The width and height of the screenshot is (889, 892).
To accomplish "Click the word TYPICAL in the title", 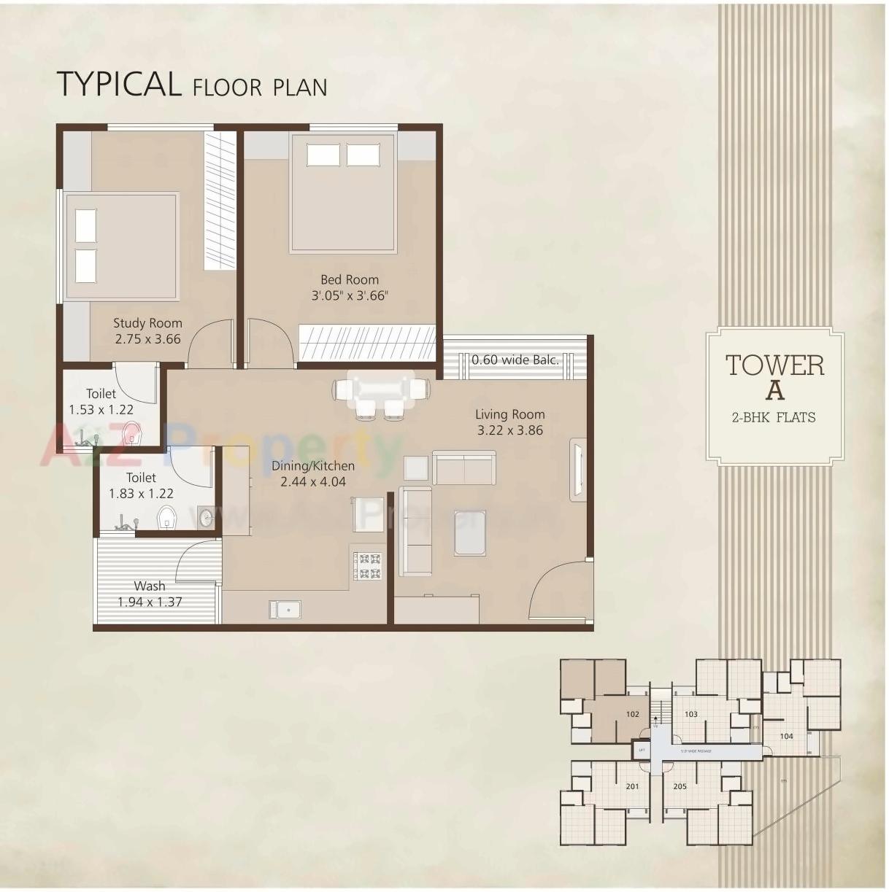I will (119, 84).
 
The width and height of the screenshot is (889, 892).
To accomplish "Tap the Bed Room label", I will (350, 279).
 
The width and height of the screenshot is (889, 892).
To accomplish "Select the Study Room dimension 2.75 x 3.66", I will (147, 339).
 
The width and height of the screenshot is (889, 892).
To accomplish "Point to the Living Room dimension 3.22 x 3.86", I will (510, 430).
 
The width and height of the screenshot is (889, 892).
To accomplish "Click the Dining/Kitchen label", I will (313, 466).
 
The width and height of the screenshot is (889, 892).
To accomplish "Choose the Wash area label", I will (149, 586).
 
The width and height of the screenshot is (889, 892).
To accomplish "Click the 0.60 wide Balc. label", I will (515, 360).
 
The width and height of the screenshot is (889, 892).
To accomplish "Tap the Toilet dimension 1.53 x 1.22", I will (101, 410).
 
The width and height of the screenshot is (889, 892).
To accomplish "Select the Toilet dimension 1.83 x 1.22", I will (141, 494).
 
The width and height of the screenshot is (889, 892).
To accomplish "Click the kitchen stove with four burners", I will (367, 566).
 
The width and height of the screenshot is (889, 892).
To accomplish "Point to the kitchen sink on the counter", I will (285, 609).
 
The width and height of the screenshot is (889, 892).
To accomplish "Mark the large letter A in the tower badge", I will (774, 391).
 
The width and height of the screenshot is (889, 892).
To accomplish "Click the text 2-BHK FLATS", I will (774, 418).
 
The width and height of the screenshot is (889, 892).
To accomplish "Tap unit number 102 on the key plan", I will (632, 714).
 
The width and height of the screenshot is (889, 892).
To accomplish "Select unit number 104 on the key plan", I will (786, 736).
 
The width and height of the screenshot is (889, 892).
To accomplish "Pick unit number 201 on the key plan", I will (632, 786).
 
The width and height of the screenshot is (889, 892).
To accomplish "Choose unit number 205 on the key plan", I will (680, 786).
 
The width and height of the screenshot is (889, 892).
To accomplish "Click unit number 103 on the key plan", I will (691, 714).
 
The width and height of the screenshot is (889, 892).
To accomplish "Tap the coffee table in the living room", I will (469, 532).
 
